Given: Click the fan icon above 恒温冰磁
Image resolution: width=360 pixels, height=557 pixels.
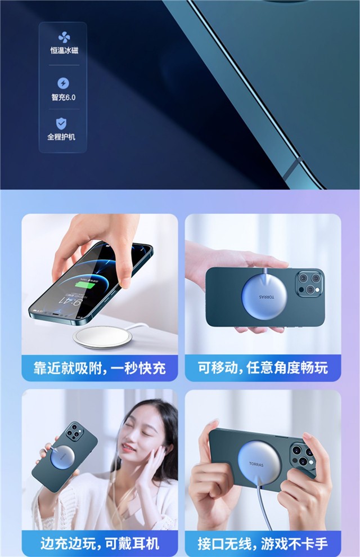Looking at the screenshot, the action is tap(64, 37).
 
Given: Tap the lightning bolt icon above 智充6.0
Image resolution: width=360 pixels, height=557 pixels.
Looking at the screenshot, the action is tap(63, 83).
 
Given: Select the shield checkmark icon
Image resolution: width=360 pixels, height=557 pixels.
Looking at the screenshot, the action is tap(61, 124).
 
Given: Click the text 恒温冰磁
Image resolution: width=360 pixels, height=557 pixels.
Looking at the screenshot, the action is tap(64, 51).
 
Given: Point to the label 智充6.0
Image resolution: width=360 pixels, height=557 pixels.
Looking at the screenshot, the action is tap(64, 97).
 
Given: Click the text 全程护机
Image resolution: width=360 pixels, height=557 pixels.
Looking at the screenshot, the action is tap(61, 137).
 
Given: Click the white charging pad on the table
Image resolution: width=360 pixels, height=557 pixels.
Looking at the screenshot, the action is tap(102, 336).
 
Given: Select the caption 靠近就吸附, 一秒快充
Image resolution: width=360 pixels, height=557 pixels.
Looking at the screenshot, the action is tap(100, 369).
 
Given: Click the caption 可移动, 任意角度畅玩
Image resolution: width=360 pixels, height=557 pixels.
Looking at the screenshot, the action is tap(263, 368).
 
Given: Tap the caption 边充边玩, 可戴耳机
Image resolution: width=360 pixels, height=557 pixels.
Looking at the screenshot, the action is tap(100, 543).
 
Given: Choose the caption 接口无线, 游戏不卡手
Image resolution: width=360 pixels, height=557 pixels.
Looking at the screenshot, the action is tap(263, 543).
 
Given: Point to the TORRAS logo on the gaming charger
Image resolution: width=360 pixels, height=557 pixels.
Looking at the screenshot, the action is tap(256, 464).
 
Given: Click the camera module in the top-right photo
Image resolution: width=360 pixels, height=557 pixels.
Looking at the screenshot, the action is tap(309, 283).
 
